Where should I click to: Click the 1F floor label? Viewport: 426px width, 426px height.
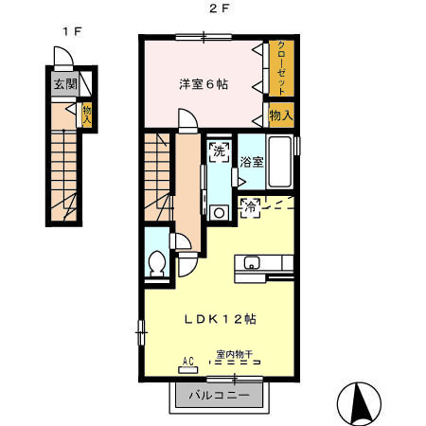[72, 30]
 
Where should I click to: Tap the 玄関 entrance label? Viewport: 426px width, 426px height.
[64, 84]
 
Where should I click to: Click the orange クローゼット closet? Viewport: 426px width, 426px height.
[281, 67]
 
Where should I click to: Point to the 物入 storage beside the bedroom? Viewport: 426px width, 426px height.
[281, 115]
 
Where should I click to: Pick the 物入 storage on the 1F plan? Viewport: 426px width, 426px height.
[86, 115]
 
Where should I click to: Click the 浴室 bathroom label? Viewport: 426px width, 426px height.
[251, 162]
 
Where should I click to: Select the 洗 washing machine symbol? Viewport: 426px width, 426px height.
[219, 152]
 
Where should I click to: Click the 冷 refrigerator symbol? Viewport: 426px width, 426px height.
[251, 206]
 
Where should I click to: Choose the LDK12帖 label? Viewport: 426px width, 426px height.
[220, 319]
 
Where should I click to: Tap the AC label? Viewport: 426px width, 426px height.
[189, 359]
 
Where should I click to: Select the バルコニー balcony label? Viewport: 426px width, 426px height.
[218, 394]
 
